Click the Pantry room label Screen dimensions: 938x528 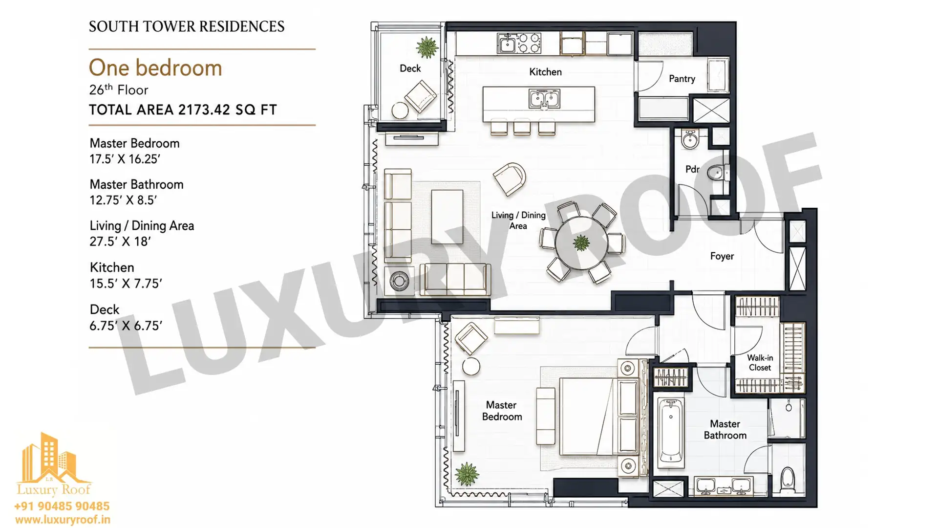coord(682,79)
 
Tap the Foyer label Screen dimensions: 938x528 coord(722,256)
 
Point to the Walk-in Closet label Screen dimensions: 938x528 coord(760,363)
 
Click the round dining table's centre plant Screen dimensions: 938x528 coord(581,242)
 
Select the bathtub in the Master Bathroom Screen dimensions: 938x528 coord(670,432)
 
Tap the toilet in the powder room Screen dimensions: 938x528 coord(718,172)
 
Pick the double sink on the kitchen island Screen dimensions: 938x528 coord(544,99)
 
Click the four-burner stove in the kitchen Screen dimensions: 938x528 coord(529,43)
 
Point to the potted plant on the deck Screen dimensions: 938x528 coord(427,47)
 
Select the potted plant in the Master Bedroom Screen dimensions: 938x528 coord(467,474)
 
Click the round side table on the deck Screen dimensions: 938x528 coord(400,110)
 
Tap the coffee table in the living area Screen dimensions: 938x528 coord(447,217)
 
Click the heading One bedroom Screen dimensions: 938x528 coord(155,68)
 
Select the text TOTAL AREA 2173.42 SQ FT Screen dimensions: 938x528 coord(183,110)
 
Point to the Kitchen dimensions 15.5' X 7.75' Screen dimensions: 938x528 coord(126,284)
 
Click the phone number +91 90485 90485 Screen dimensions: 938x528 coord(62,506)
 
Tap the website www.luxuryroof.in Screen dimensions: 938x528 coord(63,520)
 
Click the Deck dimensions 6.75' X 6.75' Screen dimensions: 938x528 coord(126,326)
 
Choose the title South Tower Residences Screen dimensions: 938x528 coord(187,26)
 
